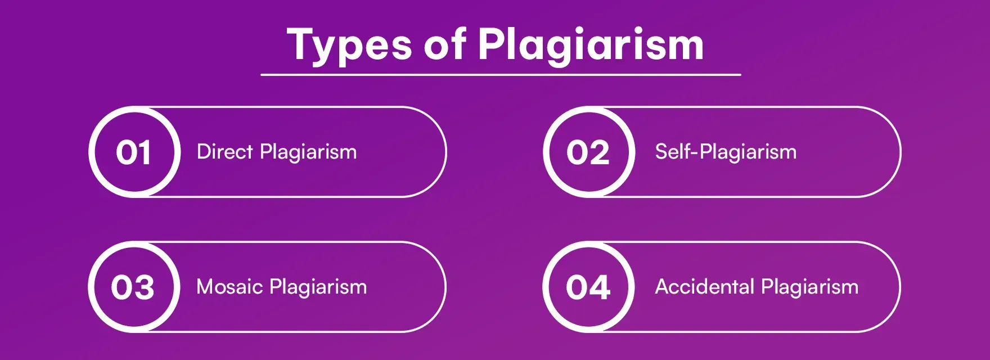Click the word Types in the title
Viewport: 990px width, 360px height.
(349, 45)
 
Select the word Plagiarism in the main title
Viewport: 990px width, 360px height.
(591, 45)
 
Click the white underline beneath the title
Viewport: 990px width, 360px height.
(501, 74)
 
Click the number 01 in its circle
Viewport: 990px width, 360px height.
(134, 152)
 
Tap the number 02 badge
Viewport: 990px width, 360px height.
(588, 152)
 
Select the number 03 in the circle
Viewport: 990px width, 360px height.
(133, 287)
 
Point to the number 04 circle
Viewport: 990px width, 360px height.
(588, 287)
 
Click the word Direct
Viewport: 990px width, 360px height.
(224, 152)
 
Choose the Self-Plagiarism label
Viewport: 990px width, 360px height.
(726, 152)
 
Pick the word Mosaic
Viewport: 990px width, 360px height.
(229, 287)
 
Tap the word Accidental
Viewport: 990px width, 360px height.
(704, 287)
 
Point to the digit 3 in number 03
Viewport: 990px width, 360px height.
(144, 287)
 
